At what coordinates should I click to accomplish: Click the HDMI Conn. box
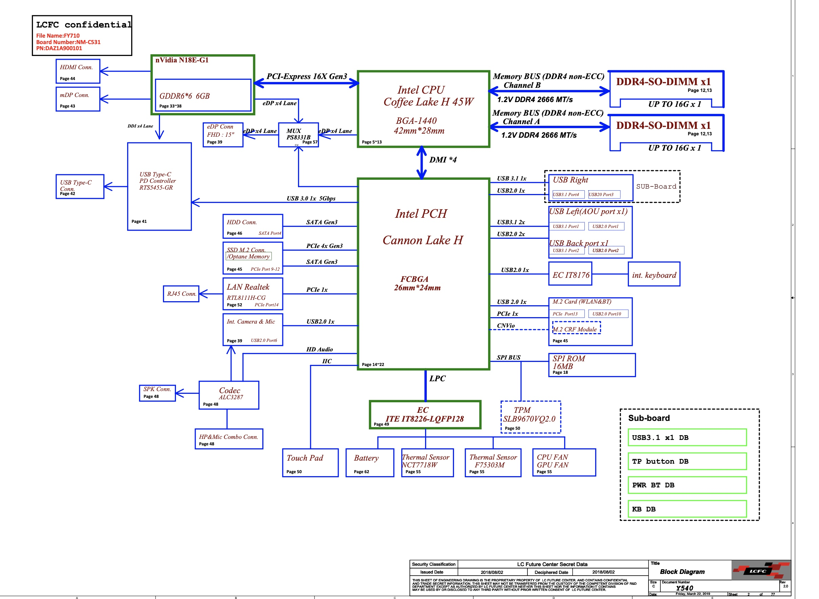click(78, 71)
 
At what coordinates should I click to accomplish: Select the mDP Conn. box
click(78, 99)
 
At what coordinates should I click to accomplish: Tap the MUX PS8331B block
click(298, 135)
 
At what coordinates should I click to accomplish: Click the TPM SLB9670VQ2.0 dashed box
click(531, 417)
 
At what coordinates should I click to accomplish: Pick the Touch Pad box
click(310, 463)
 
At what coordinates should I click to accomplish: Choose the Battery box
click(369, 463)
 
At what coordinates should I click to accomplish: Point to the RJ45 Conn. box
click(181, 294)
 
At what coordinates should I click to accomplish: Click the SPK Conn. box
click(157, 393)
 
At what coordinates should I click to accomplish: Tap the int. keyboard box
click(654, 274)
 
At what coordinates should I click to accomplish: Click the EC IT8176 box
click(571, 274)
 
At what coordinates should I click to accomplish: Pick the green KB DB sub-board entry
click(687, 509)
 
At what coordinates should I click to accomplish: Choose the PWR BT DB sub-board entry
click(687, 485)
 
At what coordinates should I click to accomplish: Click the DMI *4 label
click(443, 160)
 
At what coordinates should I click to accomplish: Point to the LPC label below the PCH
click(437, 379)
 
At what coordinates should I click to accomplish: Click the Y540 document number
click(684, 588)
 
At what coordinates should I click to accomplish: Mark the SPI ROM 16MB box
click(592, 365)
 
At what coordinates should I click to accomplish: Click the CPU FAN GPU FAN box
click(564, 463)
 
